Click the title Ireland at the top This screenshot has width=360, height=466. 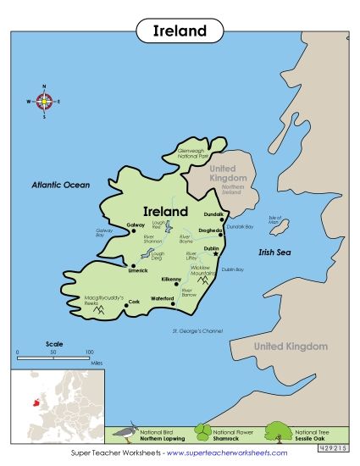point(180,31)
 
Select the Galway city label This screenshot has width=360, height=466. point(136,225)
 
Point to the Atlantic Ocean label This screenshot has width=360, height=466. point(60,184)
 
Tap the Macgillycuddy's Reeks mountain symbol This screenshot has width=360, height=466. point(99,310)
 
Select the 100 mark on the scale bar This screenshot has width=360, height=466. point(89,351)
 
